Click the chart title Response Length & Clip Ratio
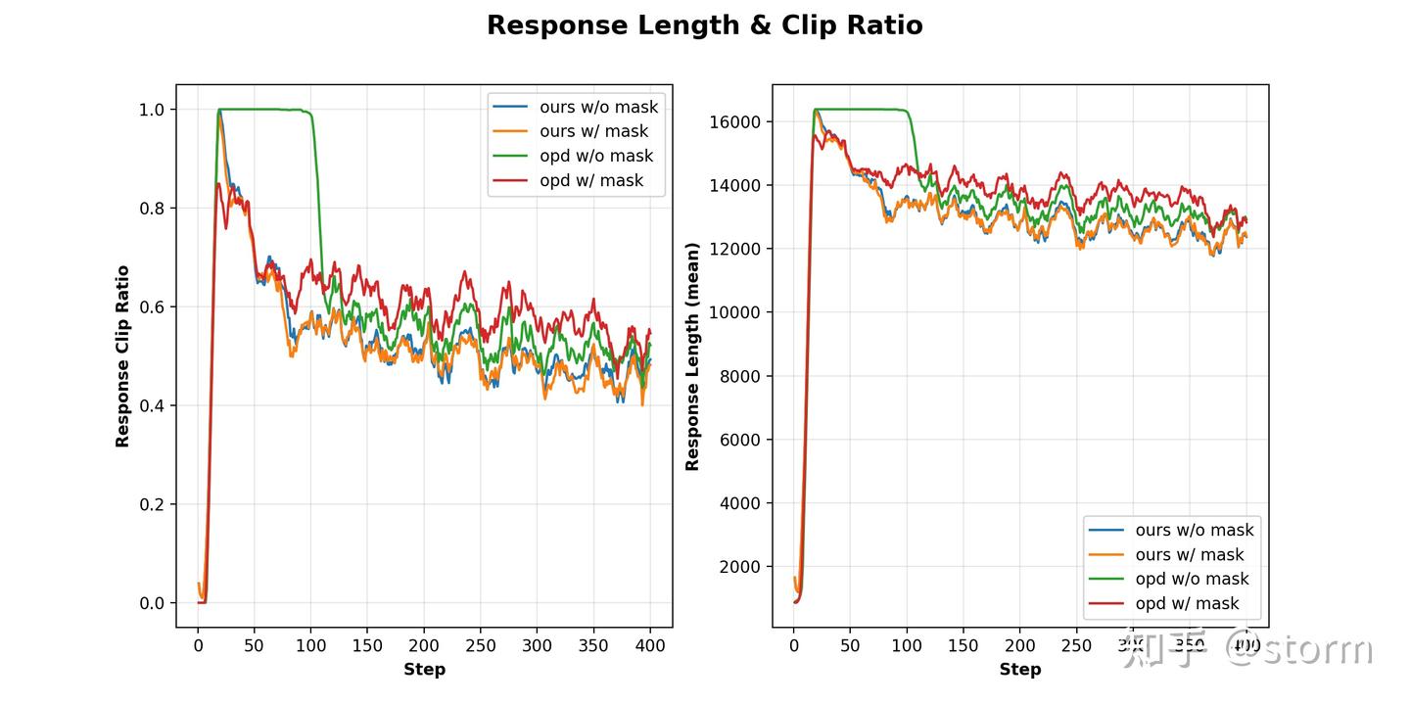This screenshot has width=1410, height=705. point(704,25)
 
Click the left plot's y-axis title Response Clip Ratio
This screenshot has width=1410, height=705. point(122,356)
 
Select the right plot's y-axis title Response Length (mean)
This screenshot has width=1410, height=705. point(692,356)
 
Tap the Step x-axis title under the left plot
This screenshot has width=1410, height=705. point(424,670)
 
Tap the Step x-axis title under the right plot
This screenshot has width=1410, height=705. point(1019,670)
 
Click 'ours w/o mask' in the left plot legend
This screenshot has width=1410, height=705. point(598,107)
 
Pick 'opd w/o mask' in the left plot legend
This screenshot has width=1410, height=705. point(595,156)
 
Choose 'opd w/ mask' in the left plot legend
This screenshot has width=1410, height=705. point(591,180)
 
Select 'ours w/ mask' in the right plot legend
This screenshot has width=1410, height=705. point(1190,554)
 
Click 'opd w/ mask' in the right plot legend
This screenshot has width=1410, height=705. point(1187,603)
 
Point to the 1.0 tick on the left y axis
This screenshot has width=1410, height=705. point(152,110)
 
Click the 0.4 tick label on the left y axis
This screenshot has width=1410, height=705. point(152,405)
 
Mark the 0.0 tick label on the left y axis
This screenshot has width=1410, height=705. point(152,603)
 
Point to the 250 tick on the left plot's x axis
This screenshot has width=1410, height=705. point(481,645)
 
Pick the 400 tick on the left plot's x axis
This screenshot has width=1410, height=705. point(650,645)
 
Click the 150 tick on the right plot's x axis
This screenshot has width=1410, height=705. point(963,645)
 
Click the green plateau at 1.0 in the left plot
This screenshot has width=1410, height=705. point(264,109)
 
